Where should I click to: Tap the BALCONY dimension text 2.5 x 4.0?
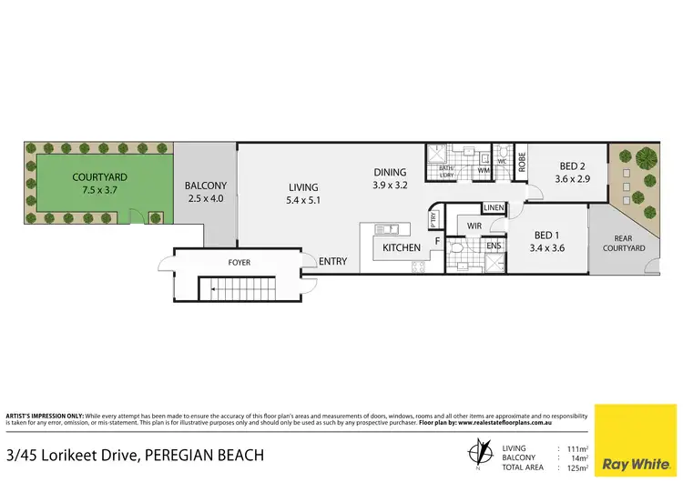tap(205, 198)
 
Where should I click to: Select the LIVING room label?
tap(303, 187)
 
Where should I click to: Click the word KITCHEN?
tap(401, 247)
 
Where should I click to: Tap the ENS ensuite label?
tap(493, 246)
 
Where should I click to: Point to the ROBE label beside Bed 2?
tap(522, 162)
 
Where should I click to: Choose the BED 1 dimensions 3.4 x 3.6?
tap(553, 246)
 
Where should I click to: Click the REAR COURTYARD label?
tap(624, 242)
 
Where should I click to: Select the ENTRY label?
tap(332, 262)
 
